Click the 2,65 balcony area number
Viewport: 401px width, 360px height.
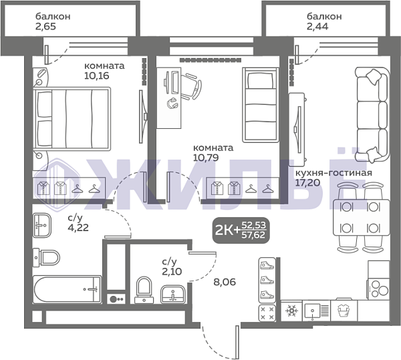(45, 26)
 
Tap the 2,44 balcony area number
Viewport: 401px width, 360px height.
(317, 26)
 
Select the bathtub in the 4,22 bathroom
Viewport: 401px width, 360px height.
(68, 289)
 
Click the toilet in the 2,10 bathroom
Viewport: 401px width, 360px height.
(144, 291)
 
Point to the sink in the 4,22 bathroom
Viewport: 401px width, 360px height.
(42, 225)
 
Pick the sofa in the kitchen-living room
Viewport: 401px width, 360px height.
(372, 115)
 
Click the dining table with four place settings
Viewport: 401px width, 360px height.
(361, 217)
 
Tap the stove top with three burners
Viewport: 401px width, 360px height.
(378, 289)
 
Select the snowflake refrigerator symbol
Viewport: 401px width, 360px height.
(291, 311)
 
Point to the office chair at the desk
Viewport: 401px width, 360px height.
(191, 86)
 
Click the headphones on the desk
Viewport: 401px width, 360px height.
(172, 103)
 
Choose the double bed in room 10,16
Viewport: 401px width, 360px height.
(72, 118)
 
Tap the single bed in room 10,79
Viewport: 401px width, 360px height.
(261, 105)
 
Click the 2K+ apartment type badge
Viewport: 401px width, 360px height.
(241, 230)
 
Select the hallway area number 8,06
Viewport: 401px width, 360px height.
(225, 282)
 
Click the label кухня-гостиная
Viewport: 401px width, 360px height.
(333, 173)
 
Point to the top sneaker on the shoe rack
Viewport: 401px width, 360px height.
(267, 265)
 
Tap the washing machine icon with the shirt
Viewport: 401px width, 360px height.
(344, 311)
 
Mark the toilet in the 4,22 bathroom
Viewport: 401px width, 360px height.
(46, 257)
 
